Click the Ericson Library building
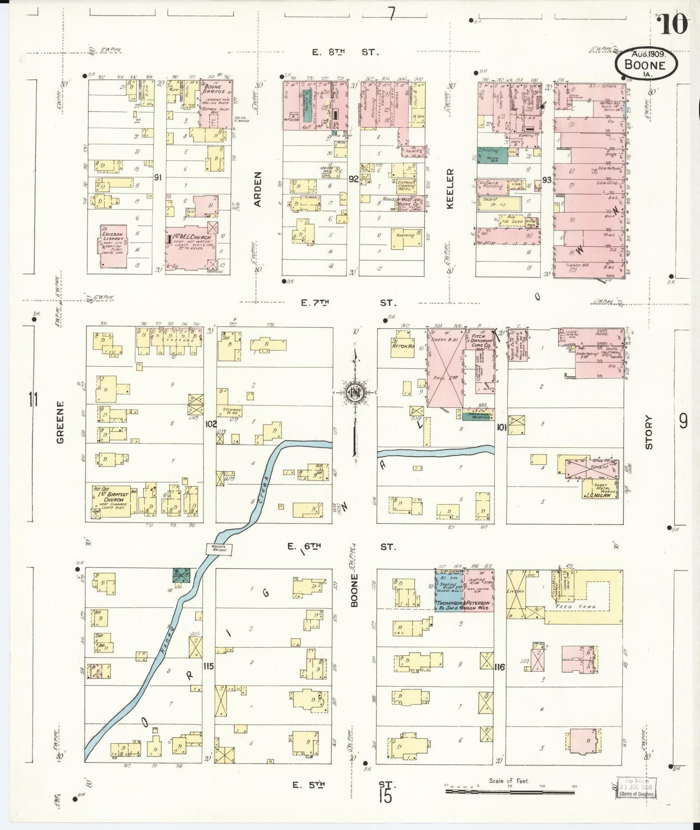114,246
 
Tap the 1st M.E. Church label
192,238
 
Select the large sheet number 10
673,24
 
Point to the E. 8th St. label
344,52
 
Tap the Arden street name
258,189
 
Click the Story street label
649,432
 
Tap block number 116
500,667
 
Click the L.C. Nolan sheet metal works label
600,494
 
